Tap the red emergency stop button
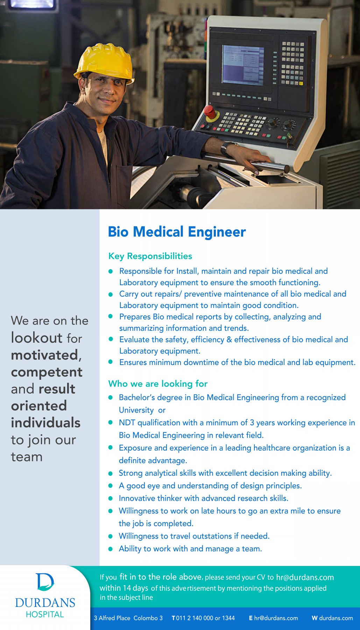click(x=210, y=112)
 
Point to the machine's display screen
click(x=243, y=65)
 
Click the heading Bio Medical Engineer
click(x=177, y=232)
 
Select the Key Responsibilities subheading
click(x=150, y=256)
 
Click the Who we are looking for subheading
click(x=158, y=384)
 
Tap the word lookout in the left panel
click(x=37, y=338)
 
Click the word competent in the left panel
click(x=47, y=372)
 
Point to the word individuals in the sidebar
click(x=45, y=423)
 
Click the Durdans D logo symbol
click(x=45, y=582)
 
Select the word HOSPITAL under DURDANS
click(x=45, y=615)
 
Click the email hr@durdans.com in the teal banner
click(x=305, y=577)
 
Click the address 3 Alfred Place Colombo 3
click(x=128, y=618)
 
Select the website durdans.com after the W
click(x=336, y=618)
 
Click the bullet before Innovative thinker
click(x=111, y=498)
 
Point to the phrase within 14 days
click(x=123, y=588)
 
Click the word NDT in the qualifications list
click(x=127, y=423)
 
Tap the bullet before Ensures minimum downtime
click(x=111, y=362)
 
